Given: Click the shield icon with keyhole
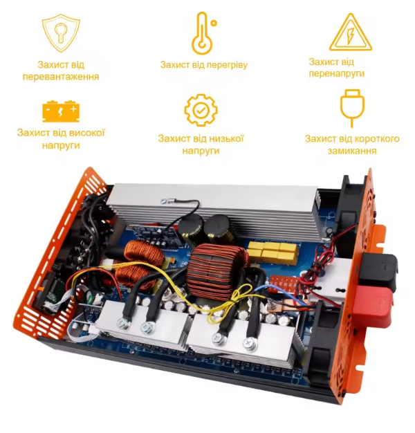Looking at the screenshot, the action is [x=61, y=33].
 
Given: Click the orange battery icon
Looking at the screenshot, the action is [x=61, y=111].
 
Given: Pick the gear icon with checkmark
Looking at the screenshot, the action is [x=201, y=110].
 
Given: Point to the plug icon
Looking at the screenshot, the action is [x=352, y=108].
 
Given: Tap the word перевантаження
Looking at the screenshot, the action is [x=61, y=77].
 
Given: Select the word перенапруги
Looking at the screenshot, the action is [x=337, y=74].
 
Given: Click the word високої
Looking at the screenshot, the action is [x=86, y=133].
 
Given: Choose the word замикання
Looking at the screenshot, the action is [x=352, y=151].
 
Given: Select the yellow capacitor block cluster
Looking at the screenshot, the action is [x=273, y=252].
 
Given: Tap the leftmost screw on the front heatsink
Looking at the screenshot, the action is [x=122, y=324].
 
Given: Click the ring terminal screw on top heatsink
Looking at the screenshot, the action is [x=165, y=201].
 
